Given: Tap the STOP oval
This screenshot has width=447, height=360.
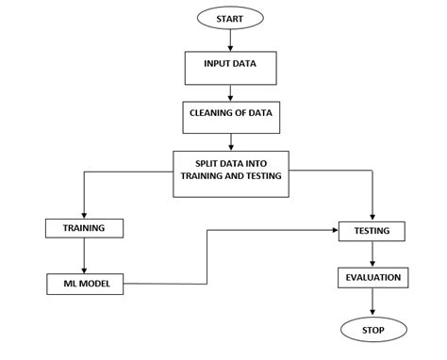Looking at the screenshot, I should pos(372,329).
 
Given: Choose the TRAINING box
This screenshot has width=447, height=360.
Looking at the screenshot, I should pos(84,228).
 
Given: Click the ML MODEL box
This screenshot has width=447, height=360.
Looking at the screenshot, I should pos(84,282).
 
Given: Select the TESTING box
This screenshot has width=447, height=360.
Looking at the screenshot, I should pos(372,230).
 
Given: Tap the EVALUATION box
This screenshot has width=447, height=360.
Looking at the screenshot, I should pos(372,278).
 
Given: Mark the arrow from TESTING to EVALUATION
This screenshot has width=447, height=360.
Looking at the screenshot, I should pos(372,254).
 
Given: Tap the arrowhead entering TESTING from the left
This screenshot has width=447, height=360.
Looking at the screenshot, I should pos(336,229).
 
